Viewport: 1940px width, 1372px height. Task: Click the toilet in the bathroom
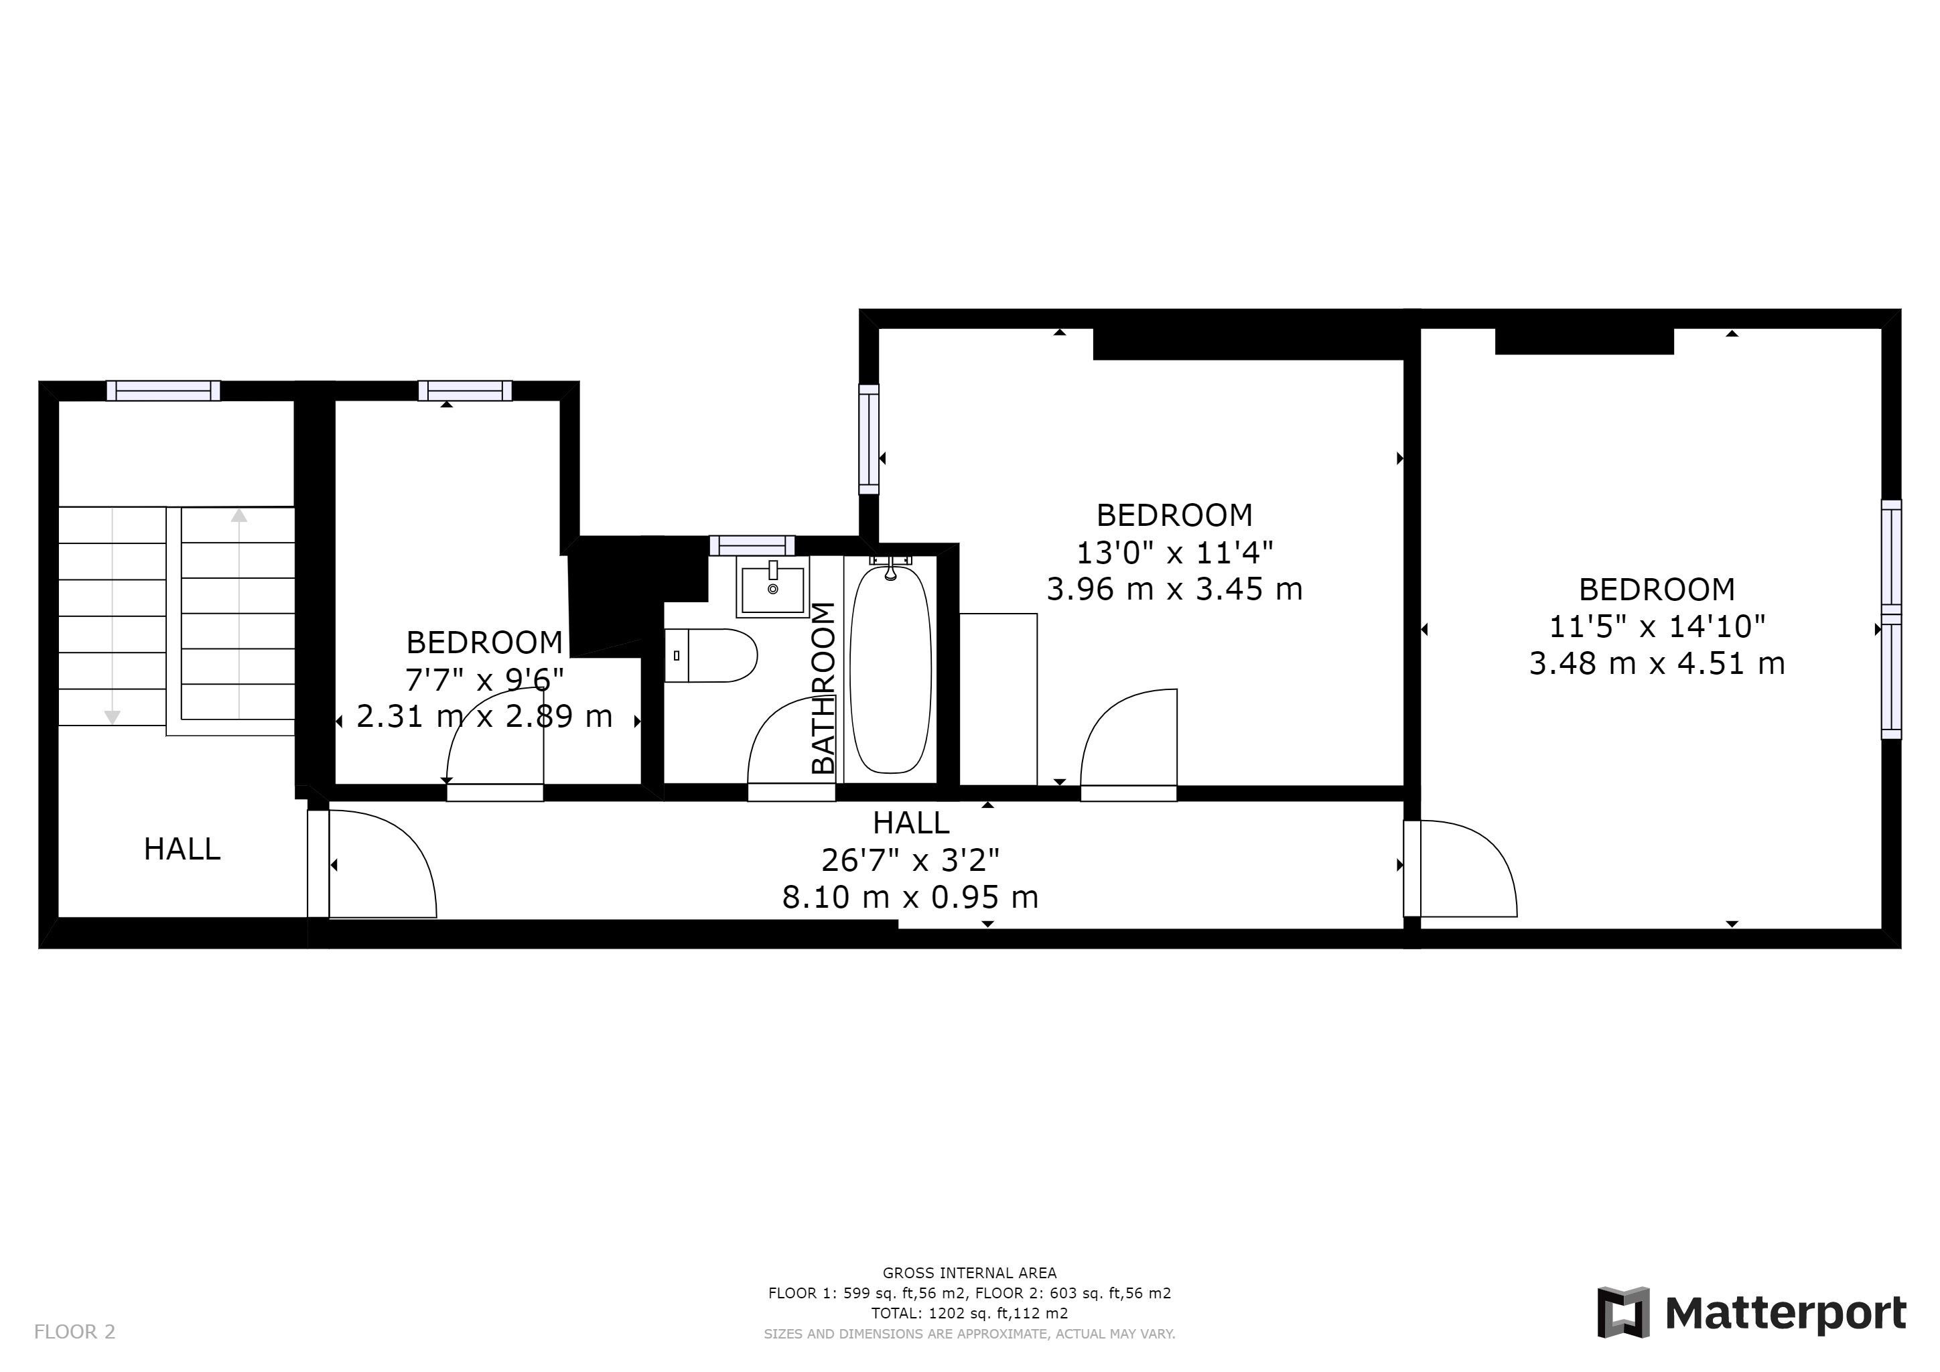pos(711,655)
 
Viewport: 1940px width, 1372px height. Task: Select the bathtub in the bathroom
pos(890,669)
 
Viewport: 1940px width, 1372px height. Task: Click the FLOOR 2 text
pos(74,1332)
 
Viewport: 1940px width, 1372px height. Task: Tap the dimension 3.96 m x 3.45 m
pos(1174,589)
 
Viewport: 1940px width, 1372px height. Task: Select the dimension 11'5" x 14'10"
pos(1657,626)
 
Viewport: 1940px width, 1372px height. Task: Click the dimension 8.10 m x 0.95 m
pos(910,896)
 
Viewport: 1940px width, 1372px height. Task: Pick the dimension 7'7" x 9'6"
pos(484,679)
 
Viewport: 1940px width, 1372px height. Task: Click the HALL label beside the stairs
pos(182,849)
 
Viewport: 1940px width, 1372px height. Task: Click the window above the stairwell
pos(163,391)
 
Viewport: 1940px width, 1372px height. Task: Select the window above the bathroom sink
pos(752,545)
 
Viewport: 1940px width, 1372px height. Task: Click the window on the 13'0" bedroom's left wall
pos(869,439)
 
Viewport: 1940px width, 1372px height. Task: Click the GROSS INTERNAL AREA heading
pos(969,1272)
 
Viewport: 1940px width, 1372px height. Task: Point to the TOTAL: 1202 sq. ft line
pos(969,1313)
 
